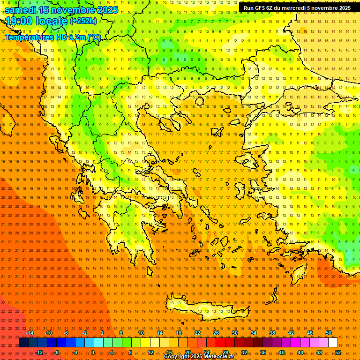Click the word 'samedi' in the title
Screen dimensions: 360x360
(20, 10)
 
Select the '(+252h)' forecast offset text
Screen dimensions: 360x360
(83, 21)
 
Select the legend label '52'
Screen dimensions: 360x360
(338, 352)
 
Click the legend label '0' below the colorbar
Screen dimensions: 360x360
(93, 352)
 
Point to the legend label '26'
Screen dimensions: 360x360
(216, 333)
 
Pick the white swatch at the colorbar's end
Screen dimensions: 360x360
(333, 343)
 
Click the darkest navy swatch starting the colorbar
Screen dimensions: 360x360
(23, 343)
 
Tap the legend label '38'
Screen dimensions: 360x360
(272, 333)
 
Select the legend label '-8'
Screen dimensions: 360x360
(57, 352)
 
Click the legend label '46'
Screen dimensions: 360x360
(310, 333)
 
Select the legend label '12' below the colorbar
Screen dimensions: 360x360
(150, 352)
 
